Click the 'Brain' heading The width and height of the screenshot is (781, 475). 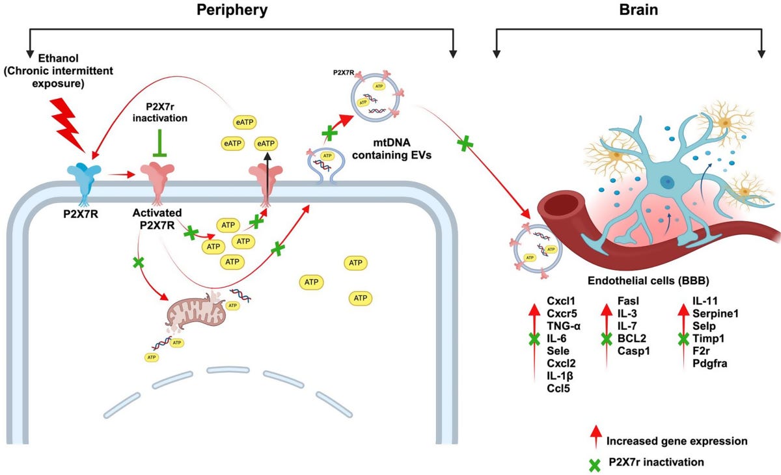pos(629,10)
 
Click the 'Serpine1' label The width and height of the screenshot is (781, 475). pos(715,314)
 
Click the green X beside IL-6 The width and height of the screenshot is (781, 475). pos(534,339)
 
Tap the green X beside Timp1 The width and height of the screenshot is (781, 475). pos(683,338)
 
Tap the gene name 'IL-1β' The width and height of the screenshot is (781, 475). pos(560,376)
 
